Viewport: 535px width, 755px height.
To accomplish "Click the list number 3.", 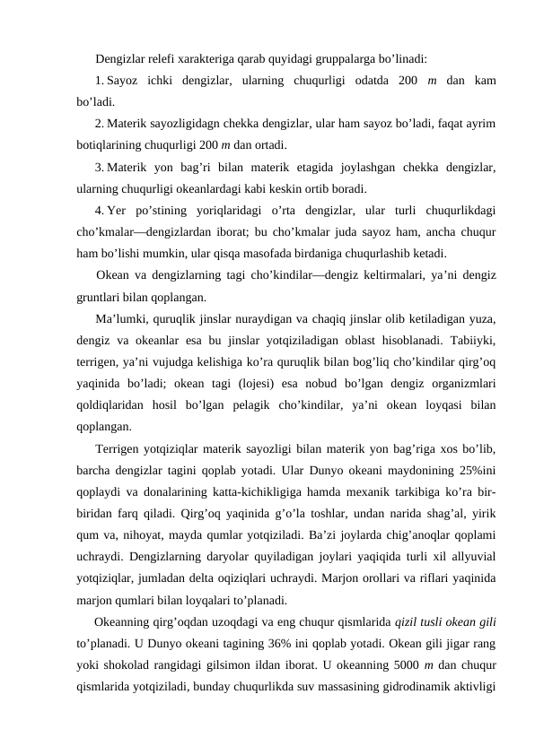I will coord(99,166).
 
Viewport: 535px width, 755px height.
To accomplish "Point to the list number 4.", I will coord(99,212).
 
